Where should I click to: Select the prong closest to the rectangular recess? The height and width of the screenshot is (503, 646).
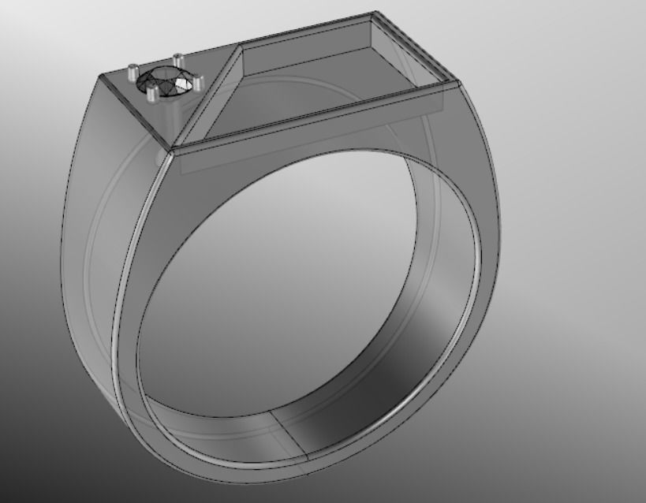[x=197, y=80]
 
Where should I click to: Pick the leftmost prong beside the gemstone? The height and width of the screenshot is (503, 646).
[x=131, y=71]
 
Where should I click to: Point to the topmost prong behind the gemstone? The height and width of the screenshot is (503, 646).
[x=177, y=58]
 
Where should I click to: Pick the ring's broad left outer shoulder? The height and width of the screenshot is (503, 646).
[x=95, y=237]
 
